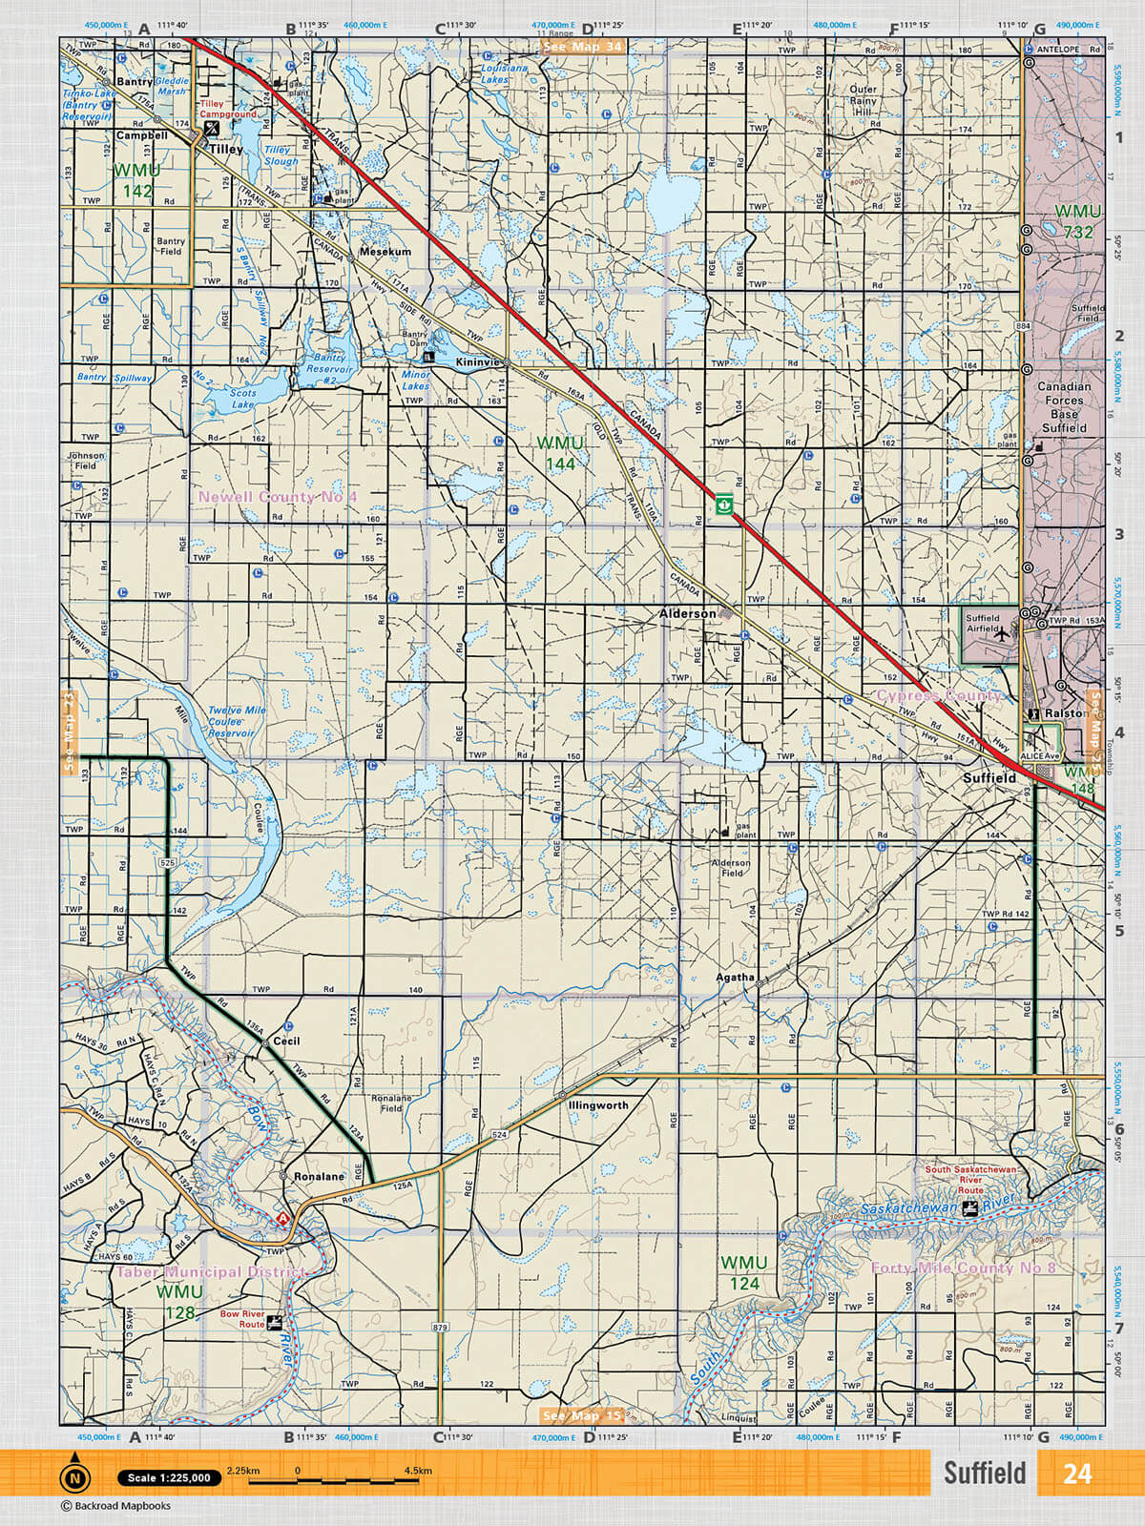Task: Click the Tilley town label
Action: pos(226,149)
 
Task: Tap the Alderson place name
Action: pos(687,613)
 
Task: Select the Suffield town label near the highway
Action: pos(989,778)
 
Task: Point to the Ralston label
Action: pos(1065,712)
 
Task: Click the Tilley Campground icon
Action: pos(212,126)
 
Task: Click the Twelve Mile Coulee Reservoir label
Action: pos(236,722)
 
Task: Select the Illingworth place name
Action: pos(597,1105)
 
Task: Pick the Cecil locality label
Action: pos(286,1041)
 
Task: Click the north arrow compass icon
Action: pos(73,1477)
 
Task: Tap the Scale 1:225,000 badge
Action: pos(169,1477)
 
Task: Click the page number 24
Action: pos(1076,1474)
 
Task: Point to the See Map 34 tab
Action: pos(582,46)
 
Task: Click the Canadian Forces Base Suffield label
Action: pos(1064,407)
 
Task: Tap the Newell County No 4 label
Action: pos(277,497)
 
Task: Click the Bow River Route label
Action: pos(241,1319)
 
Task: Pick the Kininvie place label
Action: pos(477,362)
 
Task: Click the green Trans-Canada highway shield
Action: pos(724,503)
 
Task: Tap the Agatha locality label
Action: pos(735,977)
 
